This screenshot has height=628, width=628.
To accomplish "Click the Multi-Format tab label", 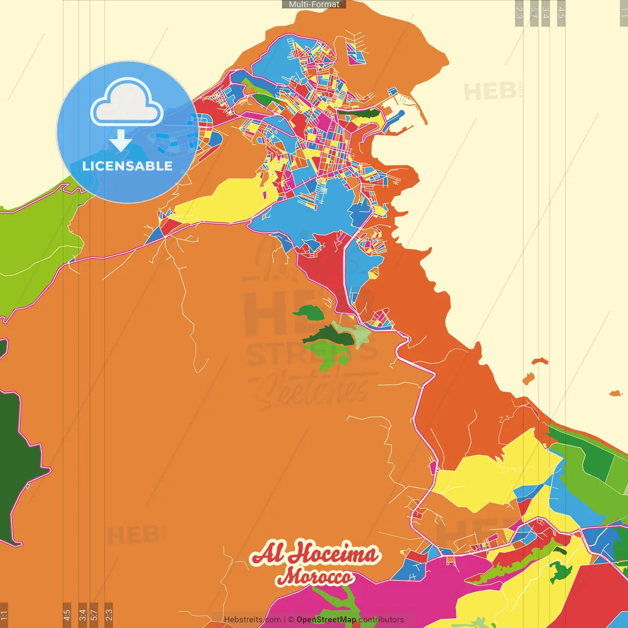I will tap(314, 4).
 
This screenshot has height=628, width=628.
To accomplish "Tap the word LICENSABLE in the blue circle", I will tap(128, 166).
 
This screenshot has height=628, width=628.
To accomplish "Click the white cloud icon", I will tap(127, 103).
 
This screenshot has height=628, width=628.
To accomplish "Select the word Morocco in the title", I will tap(314, 576).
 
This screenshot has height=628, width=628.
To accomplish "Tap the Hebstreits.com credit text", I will tap(252, 620).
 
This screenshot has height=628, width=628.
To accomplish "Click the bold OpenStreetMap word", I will tap(326, 620).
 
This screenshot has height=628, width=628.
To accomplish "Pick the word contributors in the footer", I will tap(381, 620).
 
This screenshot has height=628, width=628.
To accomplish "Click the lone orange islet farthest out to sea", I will tap(615, 393).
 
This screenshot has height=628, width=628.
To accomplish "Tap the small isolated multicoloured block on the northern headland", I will tap(356, 54).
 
